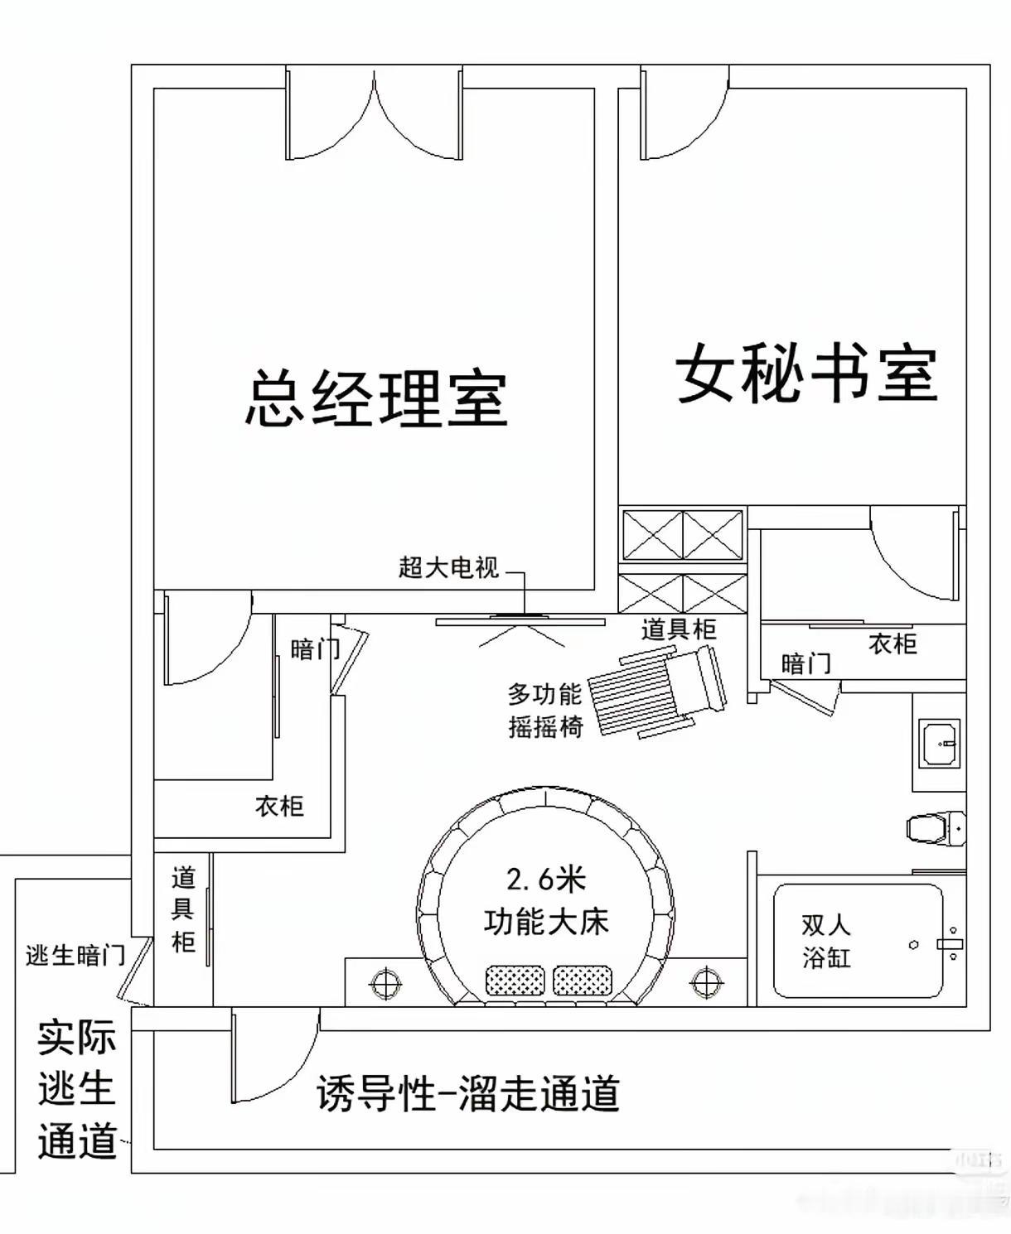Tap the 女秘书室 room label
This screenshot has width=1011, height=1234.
tap(806, 375)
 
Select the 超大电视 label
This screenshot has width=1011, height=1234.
tap(448, 567)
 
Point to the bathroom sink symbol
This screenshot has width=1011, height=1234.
tap(940, 743)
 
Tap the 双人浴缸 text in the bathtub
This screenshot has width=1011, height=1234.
tap(826, 942)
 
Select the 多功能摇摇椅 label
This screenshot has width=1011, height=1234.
tap(545, 710)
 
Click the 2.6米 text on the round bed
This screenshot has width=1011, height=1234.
tap(545, 879)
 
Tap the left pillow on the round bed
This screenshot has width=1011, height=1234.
tap(515, 981)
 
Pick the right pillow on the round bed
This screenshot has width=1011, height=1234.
tap(582, 981)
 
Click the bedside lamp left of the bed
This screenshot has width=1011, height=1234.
tap(385, 983)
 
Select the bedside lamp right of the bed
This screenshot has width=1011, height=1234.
tap(706, 983)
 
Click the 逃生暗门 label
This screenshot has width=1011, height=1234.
tap(75, 956)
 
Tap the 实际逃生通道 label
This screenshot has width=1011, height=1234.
tap(76, 1090)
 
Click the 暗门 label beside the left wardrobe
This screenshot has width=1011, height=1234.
tap(314, 649)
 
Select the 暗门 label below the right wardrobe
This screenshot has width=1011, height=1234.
tap(805, 663)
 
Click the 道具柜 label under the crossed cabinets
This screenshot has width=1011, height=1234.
tap(678, 629)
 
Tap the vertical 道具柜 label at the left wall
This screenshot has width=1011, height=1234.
tap(183, 909)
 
